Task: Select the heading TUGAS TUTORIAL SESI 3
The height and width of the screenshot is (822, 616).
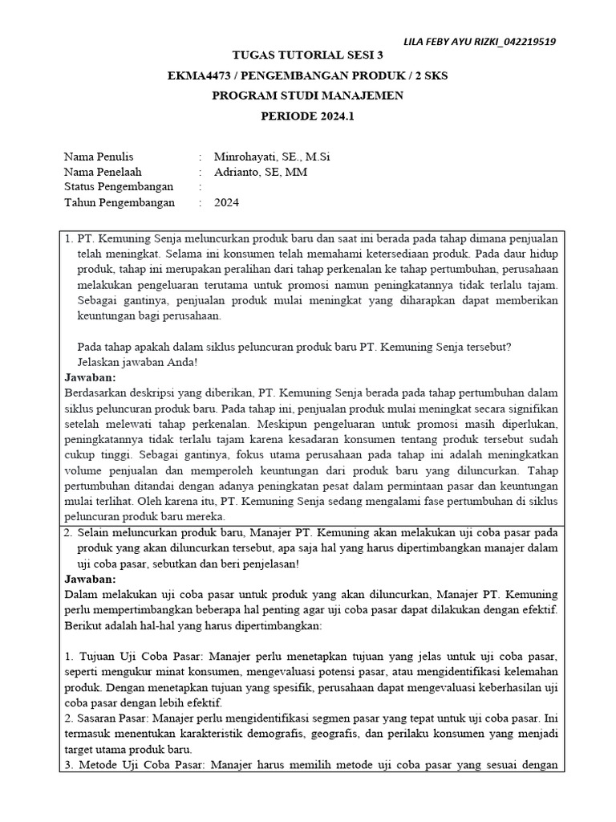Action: (307, 55)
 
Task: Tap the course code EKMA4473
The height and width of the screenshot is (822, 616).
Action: (201, 75)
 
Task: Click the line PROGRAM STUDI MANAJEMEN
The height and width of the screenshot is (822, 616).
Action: (307, 96)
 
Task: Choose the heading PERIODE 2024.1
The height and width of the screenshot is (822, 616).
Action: (307, 116)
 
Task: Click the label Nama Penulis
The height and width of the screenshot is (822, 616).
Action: (99, 157)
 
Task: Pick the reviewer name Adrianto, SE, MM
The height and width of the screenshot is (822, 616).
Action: (261, 172)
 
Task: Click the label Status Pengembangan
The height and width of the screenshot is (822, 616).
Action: (118, 187)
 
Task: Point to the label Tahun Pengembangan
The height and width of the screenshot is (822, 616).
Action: (119, 202)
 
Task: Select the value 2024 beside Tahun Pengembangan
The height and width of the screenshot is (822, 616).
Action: (226, 202)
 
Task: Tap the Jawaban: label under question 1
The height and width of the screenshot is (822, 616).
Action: (90, 376)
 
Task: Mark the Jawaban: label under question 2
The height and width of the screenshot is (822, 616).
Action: (90, 579)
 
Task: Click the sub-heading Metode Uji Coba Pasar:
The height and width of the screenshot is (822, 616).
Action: (142, 765)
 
